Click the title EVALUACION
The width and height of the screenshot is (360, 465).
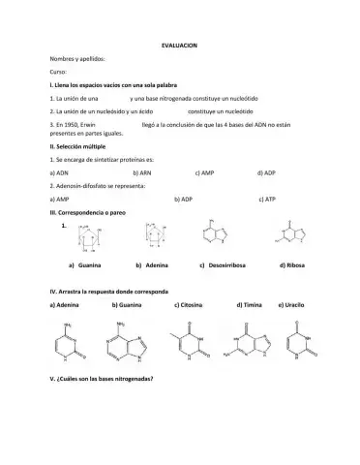(x=180, y=46)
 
